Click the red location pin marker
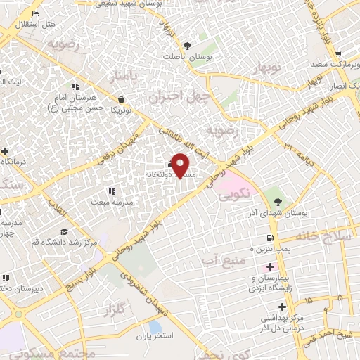tap(181, 165)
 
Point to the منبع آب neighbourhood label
tap(219, 262)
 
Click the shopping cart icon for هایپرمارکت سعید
tap(339, 53)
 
